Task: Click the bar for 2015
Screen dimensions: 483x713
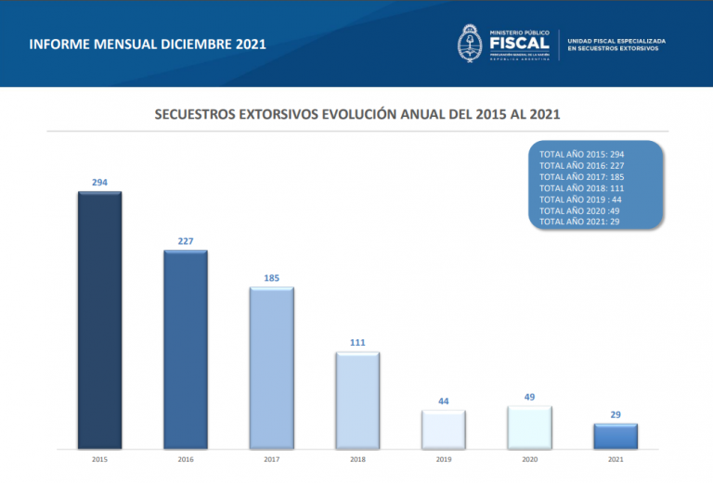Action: tap(99, 320)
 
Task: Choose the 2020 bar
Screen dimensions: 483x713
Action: tap(529, 427)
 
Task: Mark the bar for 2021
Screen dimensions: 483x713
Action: tap(616, 437)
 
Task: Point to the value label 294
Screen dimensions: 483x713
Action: tap(99, 183)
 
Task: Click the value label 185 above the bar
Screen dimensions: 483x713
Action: tap(271, 278)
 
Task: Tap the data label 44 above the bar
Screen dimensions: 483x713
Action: tap(443, 401)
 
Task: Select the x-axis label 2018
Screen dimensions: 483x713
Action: tap(357, 459)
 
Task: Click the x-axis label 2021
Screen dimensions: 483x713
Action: tap(616, 459)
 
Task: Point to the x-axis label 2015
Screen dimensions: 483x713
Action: tap(99, 459)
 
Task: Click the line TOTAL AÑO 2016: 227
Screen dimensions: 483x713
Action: tap(580, 164)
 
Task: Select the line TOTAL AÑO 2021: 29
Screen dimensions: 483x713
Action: tap(578, 222)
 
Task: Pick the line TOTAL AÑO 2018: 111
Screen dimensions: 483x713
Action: tap(580, 187)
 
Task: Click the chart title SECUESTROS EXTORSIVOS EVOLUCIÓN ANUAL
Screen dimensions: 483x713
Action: tap(356, 116)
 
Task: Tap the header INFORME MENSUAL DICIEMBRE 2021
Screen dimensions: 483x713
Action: tap(148, 44)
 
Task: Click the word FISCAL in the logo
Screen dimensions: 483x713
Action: tap(519, 43)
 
